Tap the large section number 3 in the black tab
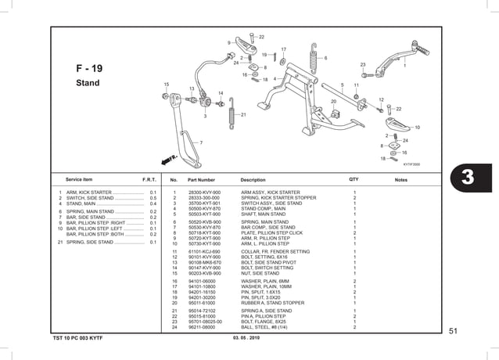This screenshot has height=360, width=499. pyautogui.click(x=468, y=178)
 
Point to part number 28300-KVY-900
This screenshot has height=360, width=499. pyautogui.click(x=205, y=192)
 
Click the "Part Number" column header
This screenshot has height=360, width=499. pyautogui.click(x=201, y=180)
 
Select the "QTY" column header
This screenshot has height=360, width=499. pyautogui.click(x=354, y=180)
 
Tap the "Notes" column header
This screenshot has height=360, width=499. pyautogui.click(x=401, y=180)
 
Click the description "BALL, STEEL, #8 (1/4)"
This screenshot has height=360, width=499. pyautogui.click(x=266, y=326)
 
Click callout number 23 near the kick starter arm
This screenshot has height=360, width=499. pyautogui.click(x=363, y=65)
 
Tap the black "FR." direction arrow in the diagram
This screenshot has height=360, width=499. pyautogui.click(x=171, y=157)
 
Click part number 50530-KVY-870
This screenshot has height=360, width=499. pyautogui.click(x=205, y=227)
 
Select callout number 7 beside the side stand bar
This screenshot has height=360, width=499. pyautogui.click(x=201, y=142)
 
